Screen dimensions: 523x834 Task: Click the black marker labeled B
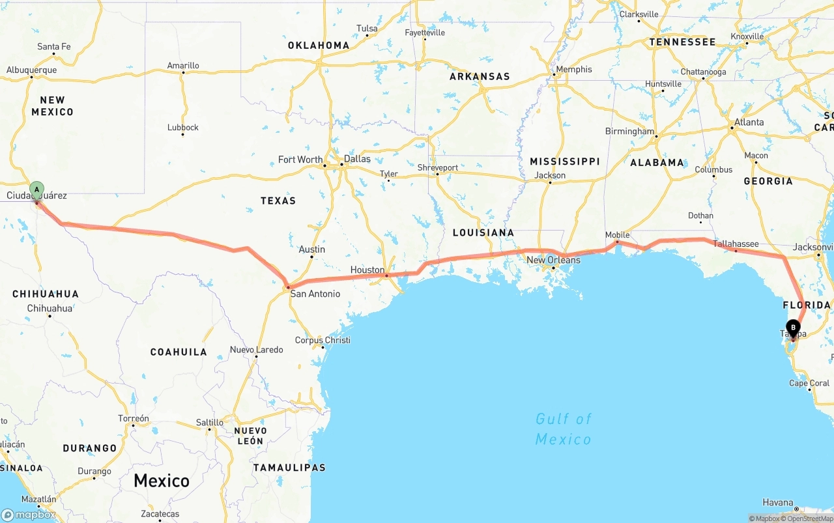pyautogui.click(x=793, y=328)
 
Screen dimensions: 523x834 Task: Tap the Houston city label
pyautogui.click(x=367, y=270)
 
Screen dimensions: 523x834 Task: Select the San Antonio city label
pyautogui.click(x=315, y=294)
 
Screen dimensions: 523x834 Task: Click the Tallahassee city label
pyautogui.click(x=736, y=244)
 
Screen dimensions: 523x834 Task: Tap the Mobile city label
pyautogui.click(x=617, y=234)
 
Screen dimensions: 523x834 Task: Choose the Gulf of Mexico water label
pyautogui.click(x=564, y=429)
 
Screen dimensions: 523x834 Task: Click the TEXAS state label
pyautogui.click(x=278, y=201)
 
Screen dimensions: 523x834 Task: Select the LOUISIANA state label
pyautogui.click(x=483, y=233)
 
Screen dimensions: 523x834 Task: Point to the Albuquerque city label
pyautogui.click(x=31, y=70)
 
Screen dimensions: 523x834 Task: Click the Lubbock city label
pyautogui.click(x=183, y=127)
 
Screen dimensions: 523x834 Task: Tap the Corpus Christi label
pyautogui.click(x=323, y=340)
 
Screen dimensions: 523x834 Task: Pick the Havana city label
pyautogui.click(x=779, y=502)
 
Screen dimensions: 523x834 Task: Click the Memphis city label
pyautogui.click(x=573, y=69)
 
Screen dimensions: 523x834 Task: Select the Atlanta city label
pyautogui.click(x=749, y=122)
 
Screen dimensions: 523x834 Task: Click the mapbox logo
pyautogui.click(x=29, y=515)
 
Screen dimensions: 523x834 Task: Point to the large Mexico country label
pyautogui.click(x=162, y=481)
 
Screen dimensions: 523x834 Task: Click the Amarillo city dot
pyautogui.click(x=183, y=72)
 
